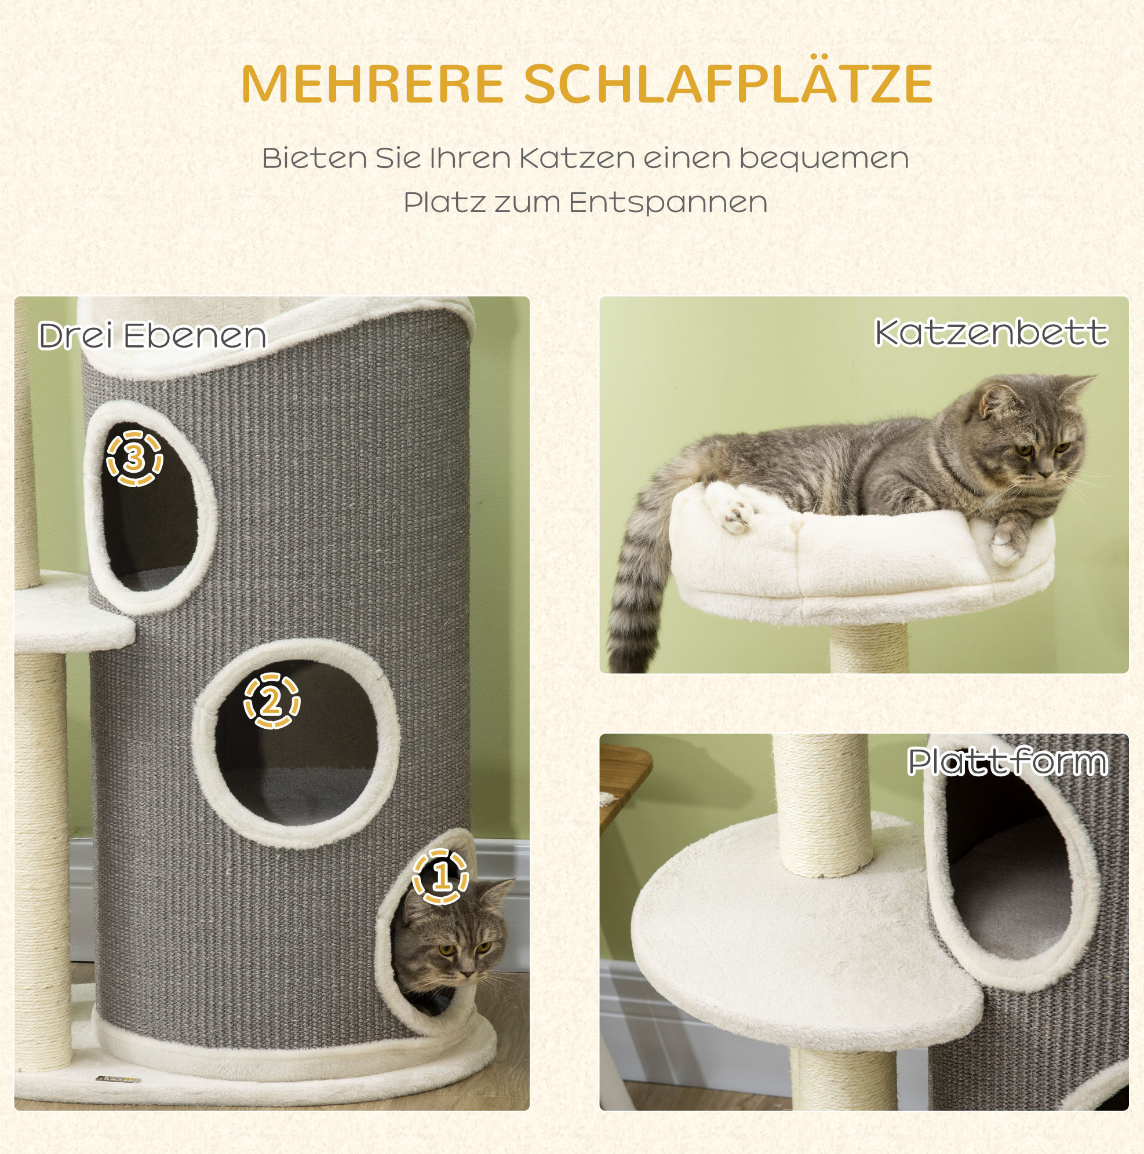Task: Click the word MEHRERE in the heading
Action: click(x=373, y=83)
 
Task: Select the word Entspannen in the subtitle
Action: click(x=668, y=203)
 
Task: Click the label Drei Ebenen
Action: click(x=152, y=335)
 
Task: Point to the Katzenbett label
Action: click(x=991, y=333)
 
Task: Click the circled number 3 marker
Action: click(x=134, y=458)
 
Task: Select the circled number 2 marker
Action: click(x=271, y=701)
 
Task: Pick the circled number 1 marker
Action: click(x=441, y=877)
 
